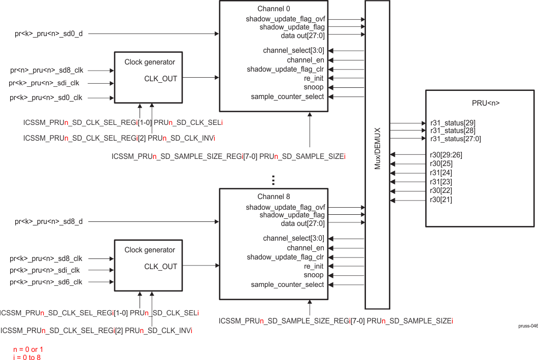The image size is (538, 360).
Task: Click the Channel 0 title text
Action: click(x=274, y=9)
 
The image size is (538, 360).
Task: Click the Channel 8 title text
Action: click(x=274, y=197)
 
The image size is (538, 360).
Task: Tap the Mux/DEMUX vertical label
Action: click(x=377, y=155)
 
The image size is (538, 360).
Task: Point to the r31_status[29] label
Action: click(x=453, y=123)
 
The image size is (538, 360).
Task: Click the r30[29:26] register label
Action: click(x=446, y=154)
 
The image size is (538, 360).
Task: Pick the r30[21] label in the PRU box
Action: click(x=441, y=200)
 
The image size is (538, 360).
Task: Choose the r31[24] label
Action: click(x=441, y=173)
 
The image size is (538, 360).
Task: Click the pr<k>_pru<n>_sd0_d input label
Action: click(x=49, y=34)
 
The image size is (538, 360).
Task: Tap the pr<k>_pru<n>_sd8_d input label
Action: click(x=49, y=221)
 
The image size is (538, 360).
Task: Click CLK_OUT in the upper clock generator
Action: click(x=160, y=78)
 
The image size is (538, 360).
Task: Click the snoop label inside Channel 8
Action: click(x=314, y=275)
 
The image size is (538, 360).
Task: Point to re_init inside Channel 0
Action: click(x=314, y=79)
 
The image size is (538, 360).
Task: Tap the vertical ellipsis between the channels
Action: click(x=273, y=180)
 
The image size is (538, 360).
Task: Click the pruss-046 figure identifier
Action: click(x=527, y=326)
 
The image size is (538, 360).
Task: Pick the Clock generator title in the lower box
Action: click(x=150, y=250)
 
